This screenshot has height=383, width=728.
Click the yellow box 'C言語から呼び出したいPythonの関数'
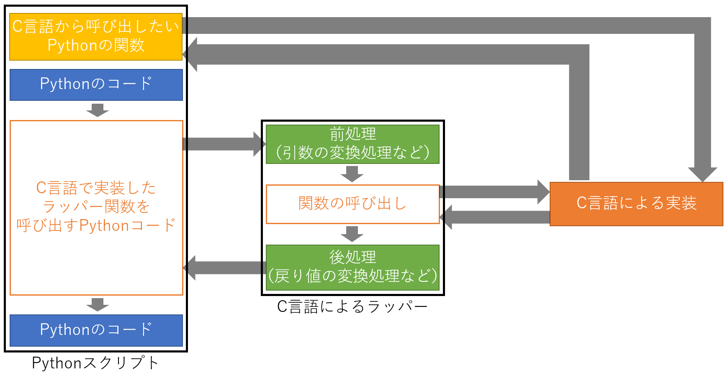(x=96, y=37)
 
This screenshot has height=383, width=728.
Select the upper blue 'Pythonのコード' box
(x=96, y=84)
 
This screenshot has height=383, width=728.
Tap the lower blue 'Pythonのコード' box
(x=96, y=330)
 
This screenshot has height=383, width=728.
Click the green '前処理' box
(x=352, y=144)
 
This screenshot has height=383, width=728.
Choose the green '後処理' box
(x=352, y=267)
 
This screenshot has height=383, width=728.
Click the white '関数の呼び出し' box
(x=352, y=204)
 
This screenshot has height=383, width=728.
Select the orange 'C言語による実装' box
(x=636, y=204)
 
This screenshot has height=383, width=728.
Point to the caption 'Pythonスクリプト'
(x=95, y=363)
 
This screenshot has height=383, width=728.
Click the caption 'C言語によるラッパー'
(x=352, y=306)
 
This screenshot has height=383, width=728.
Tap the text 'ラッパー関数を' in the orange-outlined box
(x=96, y=207)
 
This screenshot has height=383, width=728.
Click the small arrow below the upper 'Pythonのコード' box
(x=98, y=110)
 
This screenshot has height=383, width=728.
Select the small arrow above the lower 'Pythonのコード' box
(x=98, y=304)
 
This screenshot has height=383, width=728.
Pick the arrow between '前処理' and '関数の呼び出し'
(x=352, y=174)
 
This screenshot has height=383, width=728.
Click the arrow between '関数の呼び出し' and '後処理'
(x=352, y=234)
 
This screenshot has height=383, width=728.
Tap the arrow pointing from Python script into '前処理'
(x=224, y=144)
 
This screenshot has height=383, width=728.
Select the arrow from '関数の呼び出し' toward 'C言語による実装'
(x=494, y=192)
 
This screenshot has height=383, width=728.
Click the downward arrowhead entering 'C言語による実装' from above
(x=702, y=174)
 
